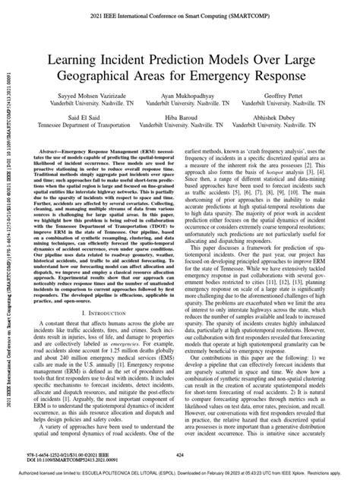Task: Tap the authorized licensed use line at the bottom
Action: (x=180, y=472)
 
